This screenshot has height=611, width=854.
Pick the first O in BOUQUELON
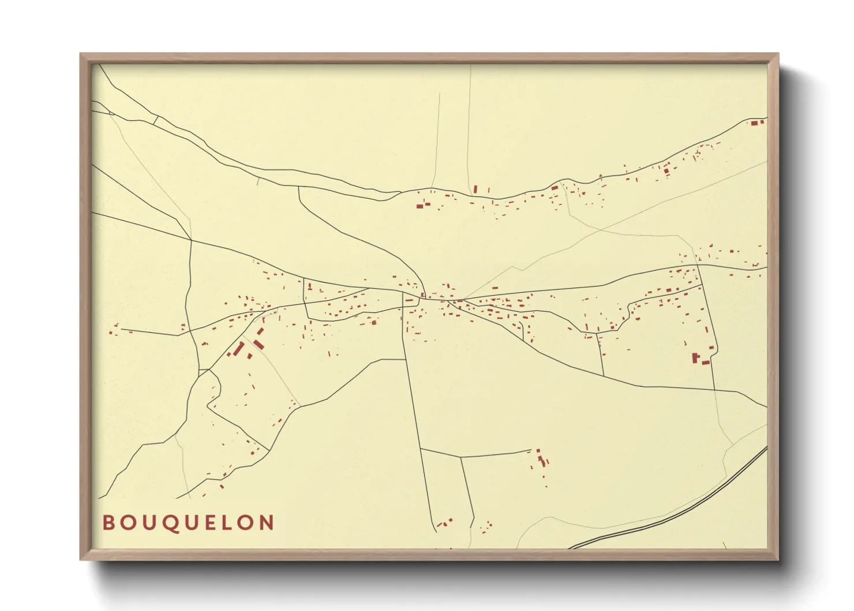[129, 523]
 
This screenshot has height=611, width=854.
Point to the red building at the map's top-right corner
[756, 122]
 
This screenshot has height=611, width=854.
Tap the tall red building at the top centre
[475, 189]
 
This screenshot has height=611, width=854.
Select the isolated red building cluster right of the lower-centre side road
[541, 458]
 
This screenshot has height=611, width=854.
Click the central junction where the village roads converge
[424, 297]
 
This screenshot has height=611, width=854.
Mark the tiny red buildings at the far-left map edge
[114, 330]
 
